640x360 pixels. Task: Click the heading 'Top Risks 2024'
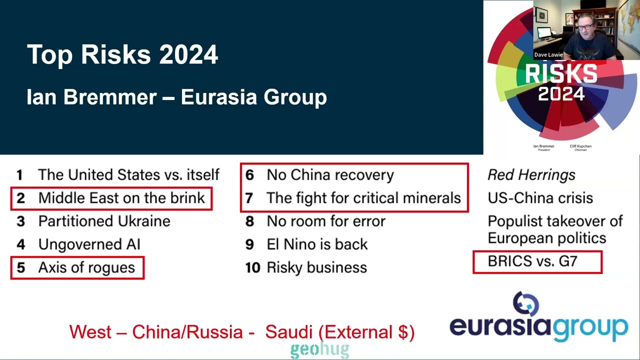122,54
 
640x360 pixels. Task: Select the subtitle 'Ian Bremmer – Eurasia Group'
176,97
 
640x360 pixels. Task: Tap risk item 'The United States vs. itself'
128,175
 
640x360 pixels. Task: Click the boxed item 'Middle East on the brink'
121,198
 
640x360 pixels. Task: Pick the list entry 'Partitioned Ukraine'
104,221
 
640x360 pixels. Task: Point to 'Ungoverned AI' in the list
89,244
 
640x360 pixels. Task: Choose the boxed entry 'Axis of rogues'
86,267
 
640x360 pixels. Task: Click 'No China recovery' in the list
330,175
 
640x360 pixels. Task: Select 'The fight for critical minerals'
363,198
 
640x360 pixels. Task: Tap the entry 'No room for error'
326,221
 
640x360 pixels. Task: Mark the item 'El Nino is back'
317,244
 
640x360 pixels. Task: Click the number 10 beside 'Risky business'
252,267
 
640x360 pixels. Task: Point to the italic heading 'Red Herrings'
531,175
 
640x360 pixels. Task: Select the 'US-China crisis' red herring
540,198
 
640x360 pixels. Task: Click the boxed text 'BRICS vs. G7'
532,261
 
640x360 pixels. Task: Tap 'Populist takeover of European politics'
554,229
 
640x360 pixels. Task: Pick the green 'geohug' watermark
319,350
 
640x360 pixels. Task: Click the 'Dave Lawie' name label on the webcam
548,54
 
